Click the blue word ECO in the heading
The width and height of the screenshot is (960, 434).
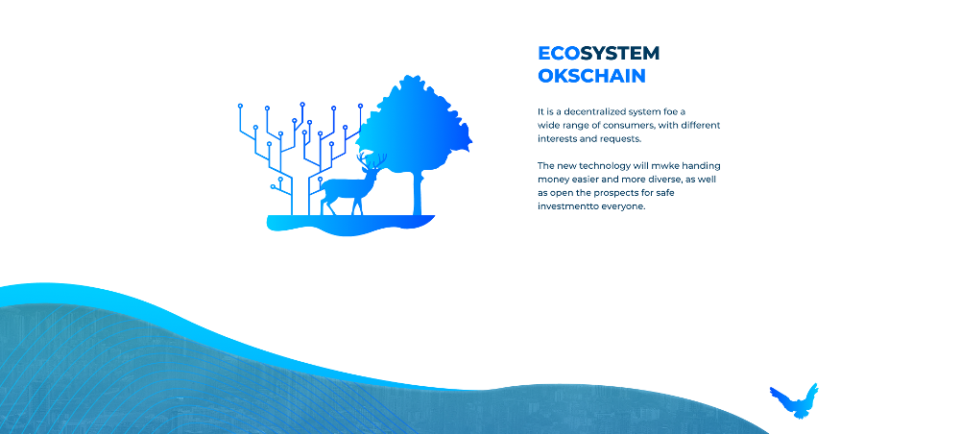point(559,54)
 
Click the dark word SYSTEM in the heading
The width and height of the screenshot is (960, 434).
point(620,54)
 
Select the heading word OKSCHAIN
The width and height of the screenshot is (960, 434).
point(591,76)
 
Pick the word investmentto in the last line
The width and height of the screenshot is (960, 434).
point(567,206)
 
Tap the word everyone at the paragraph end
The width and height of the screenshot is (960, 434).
point(623,206)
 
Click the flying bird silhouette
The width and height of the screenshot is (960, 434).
point(794,401)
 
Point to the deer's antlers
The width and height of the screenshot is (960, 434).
point(372,160)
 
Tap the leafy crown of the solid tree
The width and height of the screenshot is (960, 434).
point(415,126)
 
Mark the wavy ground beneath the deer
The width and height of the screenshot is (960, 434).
point(350,224)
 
